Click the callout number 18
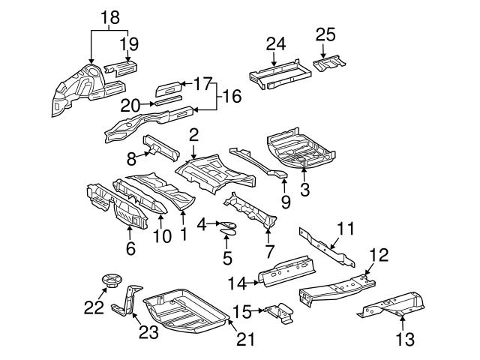coord(109,16)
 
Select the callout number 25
coord(325,34)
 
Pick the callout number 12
coord(379,255)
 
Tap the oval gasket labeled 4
coord(225,223)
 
